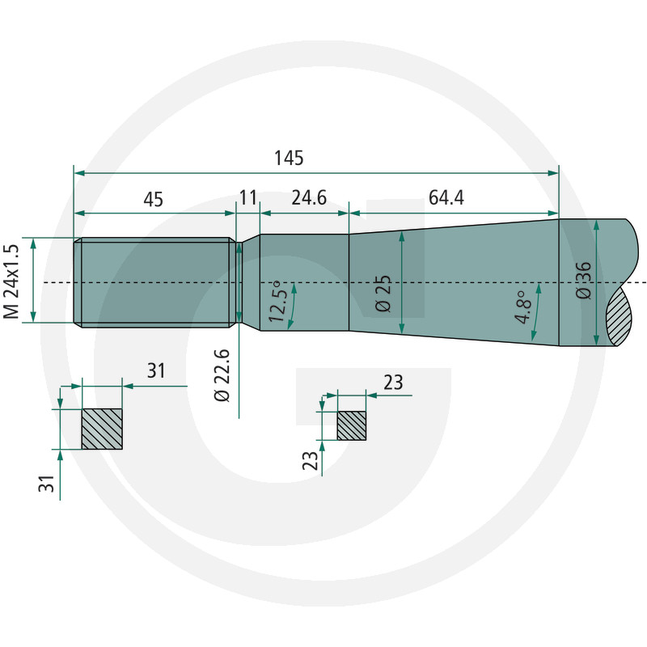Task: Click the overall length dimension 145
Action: point(289,158)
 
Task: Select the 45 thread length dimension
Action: point(154,199)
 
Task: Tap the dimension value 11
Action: point(248,197)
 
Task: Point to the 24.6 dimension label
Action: point(309,197)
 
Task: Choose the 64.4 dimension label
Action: point(446,197)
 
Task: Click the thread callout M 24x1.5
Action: point(11,281)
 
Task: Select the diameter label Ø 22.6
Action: point(222,375)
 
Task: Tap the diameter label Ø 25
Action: point(383,294)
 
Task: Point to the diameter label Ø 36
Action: point(583,280)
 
